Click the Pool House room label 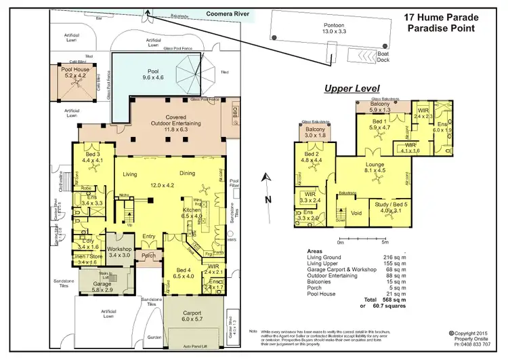pos(74,73)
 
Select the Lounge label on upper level pos(375,167)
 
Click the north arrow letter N pos(268,199)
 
